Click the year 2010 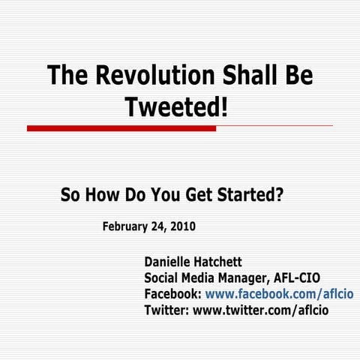pos(183,226)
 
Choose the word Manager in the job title pos(236,278)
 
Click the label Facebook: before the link pos(172,294)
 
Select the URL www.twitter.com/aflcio pos(261,310)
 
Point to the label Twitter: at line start pos(166,310)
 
